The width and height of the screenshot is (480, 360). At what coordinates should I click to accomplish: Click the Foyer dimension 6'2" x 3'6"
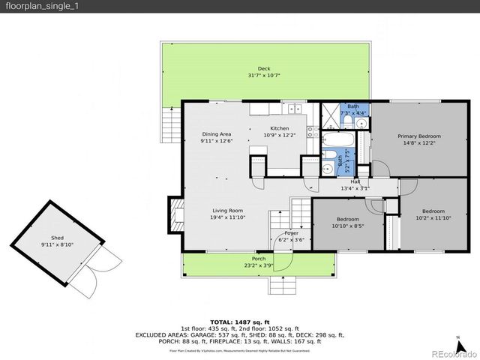(290, 239)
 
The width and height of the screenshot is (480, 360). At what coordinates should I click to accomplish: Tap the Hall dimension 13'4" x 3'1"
(355, 188)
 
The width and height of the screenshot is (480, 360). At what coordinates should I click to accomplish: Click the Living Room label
(226, 211)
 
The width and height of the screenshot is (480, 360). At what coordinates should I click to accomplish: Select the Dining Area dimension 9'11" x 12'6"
(216, 141)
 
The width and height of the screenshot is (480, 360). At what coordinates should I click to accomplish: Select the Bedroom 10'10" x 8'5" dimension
(347, 225)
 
